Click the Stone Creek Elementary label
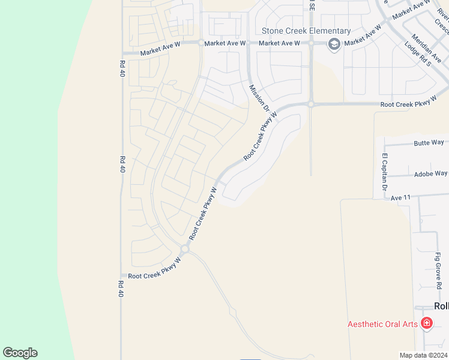tap(306, 31)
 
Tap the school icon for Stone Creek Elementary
tap(334, 43)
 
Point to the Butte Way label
tap(429, 143)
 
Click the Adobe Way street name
tap(429, 174)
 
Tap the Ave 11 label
tap(400, 197)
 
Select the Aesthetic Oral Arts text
tap(382, 324)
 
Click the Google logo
tap(20, 353)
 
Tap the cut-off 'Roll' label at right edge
tap(441, 306)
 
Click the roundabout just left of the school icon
tap(312, 43)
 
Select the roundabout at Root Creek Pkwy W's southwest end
tap(185, 249)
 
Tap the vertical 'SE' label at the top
tap(312, 6)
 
